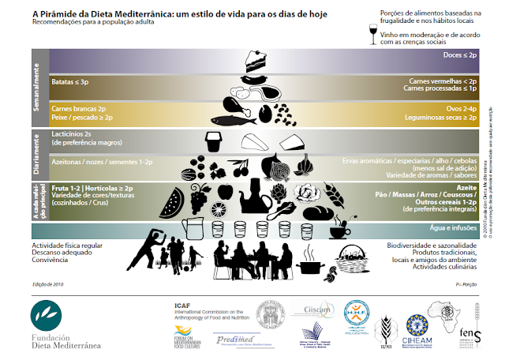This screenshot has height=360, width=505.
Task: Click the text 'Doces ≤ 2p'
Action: [x=460, y=56]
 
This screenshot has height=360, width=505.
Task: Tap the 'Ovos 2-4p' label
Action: [x=456, y=108]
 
